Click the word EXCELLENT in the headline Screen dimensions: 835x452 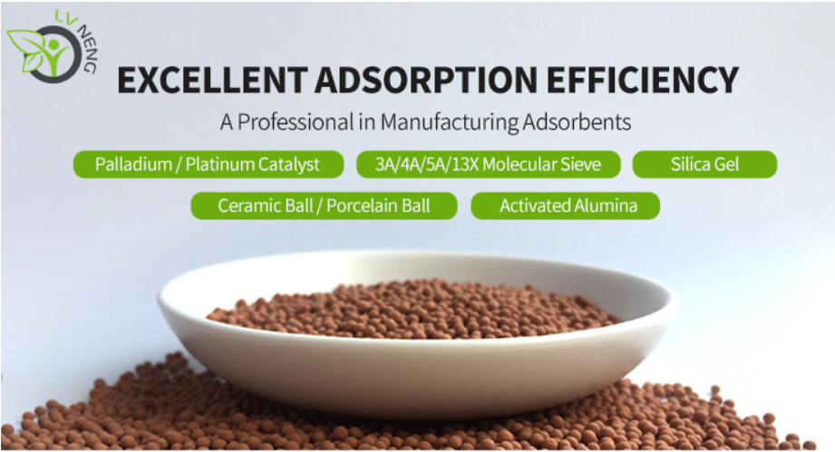[212, 80]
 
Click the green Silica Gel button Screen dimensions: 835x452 [704, 164]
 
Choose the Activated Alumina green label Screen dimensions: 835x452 [565, 206]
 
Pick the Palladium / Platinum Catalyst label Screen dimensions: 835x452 [209, 164]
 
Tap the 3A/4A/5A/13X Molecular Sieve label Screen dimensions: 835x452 [489, 164]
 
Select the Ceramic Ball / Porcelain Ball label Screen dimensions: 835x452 [324, 206]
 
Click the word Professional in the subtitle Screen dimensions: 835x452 [296, 122]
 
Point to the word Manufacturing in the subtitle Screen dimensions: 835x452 [449, 122]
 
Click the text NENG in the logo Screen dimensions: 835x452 [87, 49]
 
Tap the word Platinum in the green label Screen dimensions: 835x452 [218, 164]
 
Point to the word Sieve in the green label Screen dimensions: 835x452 [580, 164]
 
